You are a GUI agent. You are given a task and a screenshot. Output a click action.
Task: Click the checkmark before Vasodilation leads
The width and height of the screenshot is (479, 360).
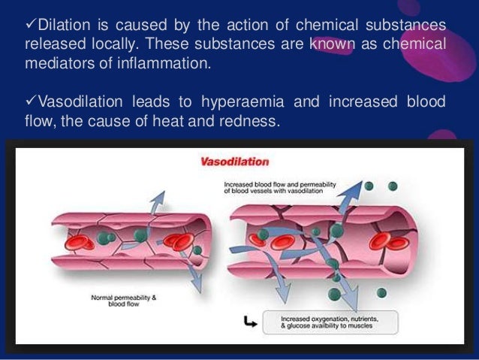pos(30,101)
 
